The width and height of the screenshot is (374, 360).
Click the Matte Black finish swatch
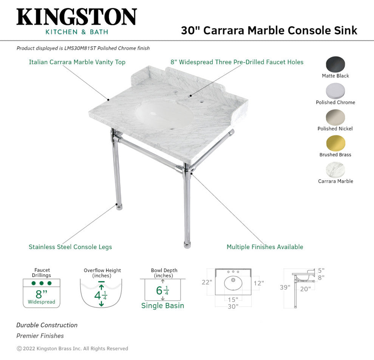[x=335, y=64]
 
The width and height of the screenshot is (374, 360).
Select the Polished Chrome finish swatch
[x=335, y=91]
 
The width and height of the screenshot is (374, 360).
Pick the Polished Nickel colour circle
[x=335, y=117]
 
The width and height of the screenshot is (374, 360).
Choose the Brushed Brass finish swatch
[x=335, y=143]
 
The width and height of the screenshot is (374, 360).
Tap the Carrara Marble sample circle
[x=335, y=170]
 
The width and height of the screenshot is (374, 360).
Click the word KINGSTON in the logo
[x=77, y=17]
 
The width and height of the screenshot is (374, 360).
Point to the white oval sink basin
[x=164, y=115]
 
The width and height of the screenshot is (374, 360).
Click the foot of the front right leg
[x=187, y=245]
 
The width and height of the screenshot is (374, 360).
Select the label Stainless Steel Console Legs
[x=70, y=247]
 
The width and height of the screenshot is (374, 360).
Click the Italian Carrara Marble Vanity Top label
[x=77, y=62]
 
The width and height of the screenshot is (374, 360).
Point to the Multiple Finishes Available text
[x=265, y=247]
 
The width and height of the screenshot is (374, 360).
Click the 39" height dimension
[x=285, y=287]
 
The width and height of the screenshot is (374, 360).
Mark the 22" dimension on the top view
[x=207, y=282]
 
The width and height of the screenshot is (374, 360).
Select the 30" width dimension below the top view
[x=233, y=306]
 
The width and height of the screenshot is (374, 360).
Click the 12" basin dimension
[x=259, y=283]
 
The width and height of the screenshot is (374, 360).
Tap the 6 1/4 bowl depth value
[x=162, y=291]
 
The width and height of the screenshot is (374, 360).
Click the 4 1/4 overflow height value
[x=100, y=296]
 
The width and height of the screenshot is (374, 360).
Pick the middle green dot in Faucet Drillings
[x=42, y=283]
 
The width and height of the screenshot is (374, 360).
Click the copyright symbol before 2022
[x=19, y=349]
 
